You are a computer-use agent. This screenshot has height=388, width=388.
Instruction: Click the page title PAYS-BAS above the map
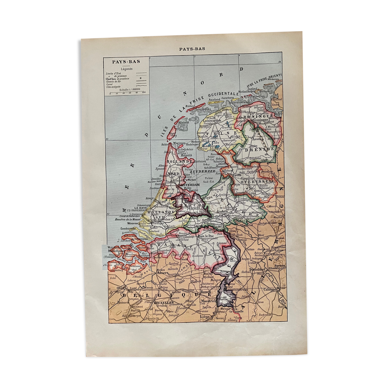coord(192,49)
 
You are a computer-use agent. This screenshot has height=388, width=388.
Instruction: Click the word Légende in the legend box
coord(126,69)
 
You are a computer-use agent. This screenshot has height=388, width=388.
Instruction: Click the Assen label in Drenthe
coord(257,139)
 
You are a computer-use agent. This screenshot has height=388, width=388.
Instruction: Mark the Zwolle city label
coord(237,175)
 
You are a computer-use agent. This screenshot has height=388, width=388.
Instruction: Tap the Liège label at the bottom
coord(205,317)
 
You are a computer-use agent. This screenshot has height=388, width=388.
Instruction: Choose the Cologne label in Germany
coord(270,289)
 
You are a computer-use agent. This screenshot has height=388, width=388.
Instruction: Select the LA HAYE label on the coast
coord(140,208)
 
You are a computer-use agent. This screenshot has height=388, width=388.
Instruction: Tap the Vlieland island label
coord(184,122)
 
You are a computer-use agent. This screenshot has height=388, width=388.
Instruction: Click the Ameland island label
coord(214,99)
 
